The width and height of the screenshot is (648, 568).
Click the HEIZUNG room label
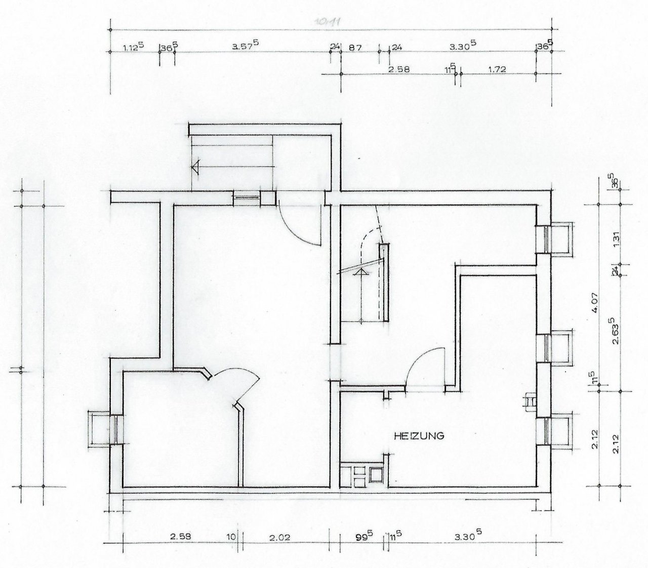pos(419,435)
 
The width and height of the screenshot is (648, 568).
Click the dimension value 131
pos(616,238)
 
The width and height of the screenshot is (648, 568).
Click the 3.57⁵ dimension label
pos(246,47)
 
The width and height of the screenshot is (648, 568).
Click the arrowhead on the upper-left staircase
pos(196,166)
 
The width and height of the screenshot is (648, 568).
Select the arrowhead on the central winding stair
pos(361,272)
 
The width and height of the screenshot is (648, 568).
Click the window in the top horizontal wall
pos(247,198)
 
